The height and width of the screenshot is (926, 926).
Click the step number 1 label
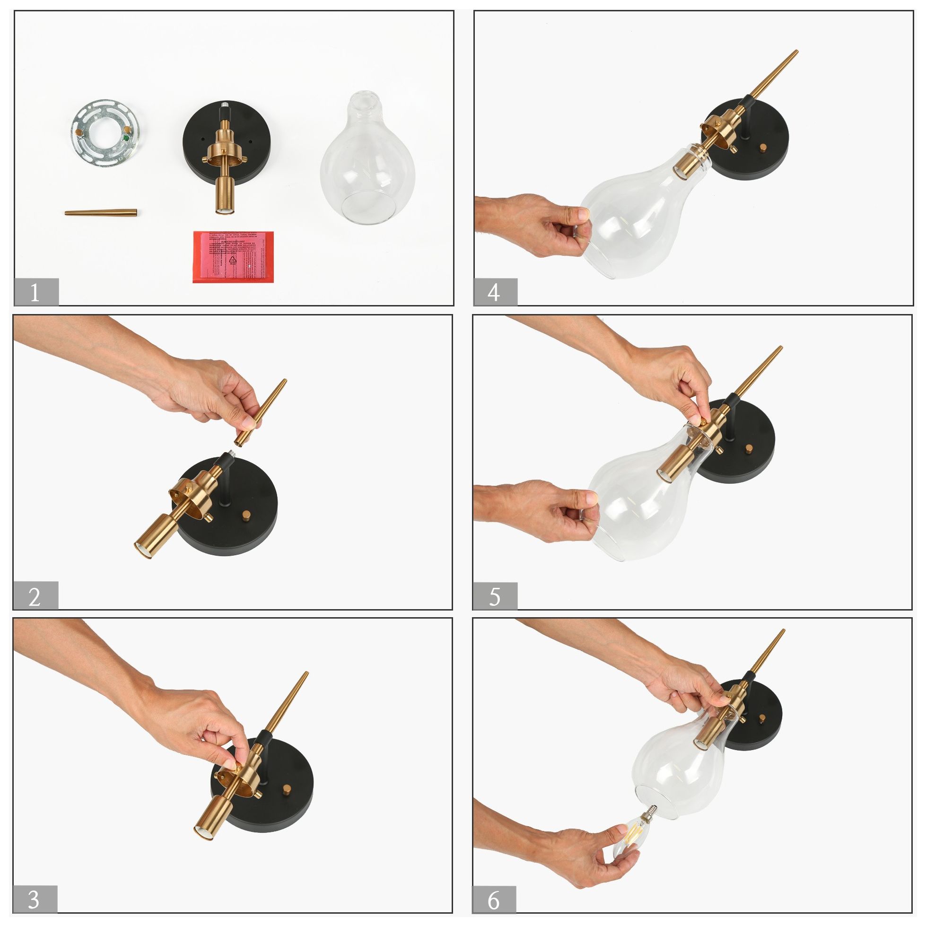(36, 291)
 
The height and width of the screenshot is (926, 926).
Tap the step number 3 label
(35, 899)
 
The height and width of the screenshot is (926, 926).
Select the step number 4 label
(495, 291)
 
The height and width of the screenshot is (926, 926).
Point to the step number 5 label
(495, 596)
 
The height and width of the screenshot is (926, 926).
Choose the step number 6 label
(495, 899)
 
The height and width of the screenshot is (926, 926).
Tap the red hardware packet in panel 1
(234, 256)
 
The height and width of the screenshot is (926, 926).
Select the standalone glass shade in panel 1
(367, 163)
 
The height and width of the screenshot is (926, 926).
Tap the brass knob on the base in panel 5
(749, 451)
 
